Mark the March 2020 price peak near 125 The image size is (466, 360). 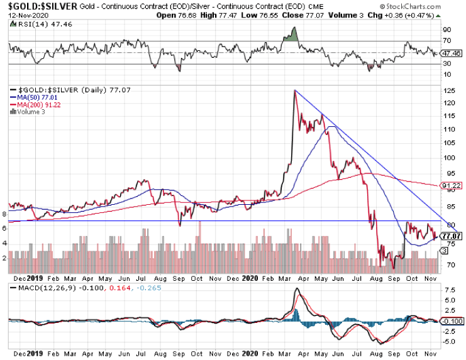tap(294, 91)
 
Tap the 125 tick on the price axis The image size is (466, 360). tap(447, 91)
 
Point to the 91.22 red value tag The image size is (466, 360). tap(448, 186)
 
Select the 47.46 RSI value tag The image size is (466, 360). tap(450, 53)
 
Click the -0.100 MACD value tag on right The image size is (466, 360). tap(452, 321)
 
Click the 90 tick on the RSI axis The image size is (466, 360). tap(447, 29)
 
